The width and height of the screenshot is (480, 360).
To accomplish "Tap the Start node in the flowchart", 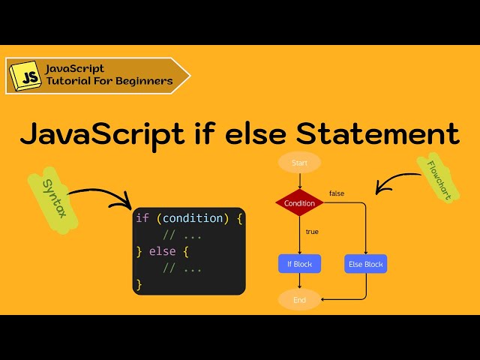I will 299,162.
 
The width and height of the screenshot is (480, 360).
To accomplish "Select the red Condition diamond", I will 299,203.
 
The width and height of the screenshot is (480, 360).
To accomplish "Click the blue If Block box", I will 299,264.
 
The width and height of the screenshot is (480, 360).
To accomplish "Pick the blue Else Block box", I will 366,264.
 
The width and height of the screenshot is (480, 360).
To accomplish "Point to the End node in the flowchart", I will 299,300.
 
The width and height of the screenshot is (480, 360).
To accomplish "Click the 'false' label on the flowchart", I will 337,193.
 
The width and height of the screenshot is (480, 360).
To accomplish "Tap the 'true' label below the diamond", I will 312,232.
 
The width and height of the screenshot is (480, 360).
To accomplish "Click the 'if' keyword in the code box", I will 142,218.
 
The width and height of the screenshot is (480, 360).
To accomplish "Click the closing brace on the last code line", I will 139,284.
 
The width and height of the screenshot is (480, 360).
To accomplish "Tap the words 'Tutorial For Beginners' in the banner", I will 109,81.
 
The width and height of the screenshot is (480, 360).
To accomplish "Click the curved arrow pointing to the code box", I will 101,195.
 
